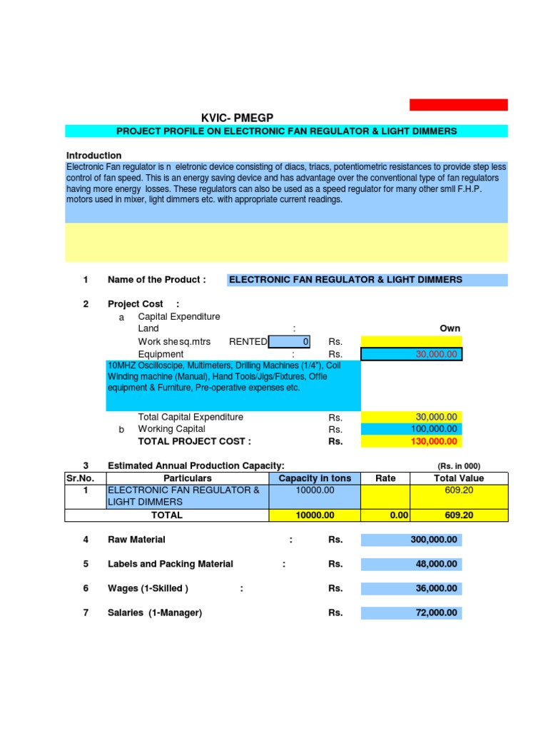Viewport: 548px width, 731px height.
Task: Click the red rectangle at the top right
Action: tap(458, 105)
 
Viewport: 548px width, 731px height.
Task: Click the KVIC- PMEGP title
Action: tap(238, 118)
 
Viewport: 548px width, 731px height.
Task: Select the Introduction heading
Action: tap(93, 155)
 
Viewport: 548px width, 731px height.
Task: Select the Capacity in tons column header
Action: tap(315, 478)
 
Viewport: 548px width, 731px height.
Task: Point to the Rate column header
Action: tap(385, 478)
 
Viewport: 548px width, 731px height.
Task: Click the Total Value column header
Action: tap(459, 478)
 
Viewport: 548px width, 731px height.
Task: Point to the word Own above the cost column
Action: tap(450, 328)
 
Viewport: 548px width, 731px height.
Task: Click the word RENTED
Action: tap(248, 342)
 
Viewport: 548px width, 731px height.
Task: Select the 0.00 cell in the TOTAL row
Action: tap(385, 515)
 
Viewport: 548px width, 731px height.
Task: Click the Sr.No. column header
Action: tap(85, 478)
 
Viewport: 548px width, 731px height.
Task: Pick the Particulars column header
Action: tap(188, 478)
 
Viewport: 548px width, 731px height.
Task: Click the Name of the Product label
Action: tap(156, 280)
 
